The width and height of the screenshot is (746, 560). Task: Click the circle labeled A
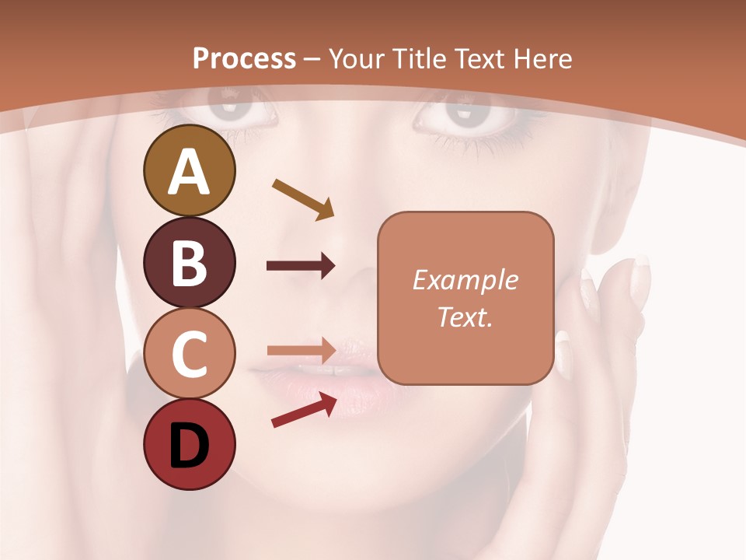click(x=189, y=170)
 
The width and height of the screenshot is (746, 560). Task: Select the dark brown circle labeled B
click(x=189, y=262)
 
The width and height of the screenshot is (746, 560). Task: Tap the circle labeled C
click(x=189, y=353)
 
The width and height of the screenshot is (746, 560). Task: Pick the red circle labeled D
click(x=189, y=444)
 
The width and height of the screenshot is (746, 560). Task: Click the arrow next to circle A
click(x=303, y=199)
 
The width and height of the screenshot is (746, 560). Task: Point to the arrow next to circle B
click(x=301, y=266)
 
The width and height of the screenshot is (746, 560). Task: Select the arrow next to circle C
click(x=301, y=349)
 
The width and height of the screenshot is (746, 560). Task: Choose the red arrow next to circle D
click(x=304, y=410)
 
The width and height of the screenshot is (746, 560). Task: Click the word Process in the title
click(x=244, y=58)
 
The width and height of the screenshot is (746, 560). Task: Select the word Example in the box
click(x=465, y=280)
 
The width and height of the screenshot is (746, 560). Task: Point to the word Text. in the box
click(x=465, y=317)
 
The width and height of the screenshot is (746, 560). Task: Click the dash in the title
click(x=312, y=59)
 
